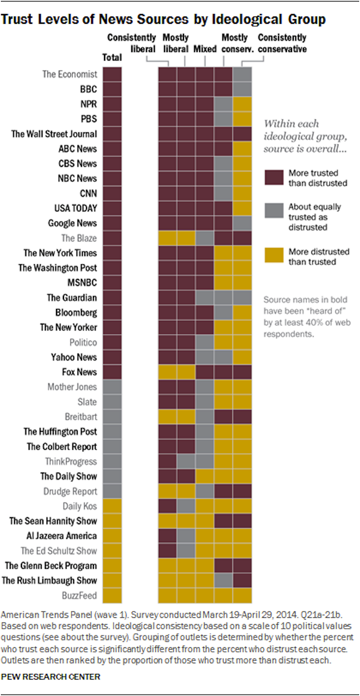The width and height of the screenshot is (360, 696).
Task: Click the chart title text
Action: point(164,19)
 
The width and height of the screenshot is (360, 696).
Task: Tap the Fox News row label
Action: point(79,372)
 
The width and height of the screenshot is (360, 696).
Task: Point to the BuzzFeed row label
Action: point(79,595)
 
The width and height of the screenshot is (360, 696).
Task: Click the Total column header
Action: point(112,58)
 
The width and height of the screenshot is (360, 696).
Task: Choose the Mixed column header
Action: point(205,49)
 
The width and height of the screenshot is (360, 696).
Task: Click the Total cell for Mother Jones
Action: point(112,387)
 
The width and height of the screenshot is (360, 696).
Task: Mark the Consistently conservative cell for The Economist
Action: point(242,74)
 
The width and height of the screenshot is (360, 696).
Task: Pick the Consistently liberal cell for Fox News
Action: point(168,372)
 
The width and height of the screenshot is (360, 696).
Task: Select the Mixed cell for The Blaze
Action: point(205,238)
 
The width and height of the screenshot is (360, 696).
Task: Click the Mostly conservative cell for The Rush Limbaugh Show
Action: point(224,580)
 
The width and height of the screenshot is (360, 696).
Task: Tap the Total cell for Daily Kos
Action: point(112,506)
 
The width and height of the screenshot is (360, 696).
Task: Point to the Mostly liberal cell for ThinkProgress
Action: point(186,461)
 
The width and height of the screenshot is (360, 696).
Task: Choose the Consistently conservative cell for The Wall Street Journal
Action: point(242,134)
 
